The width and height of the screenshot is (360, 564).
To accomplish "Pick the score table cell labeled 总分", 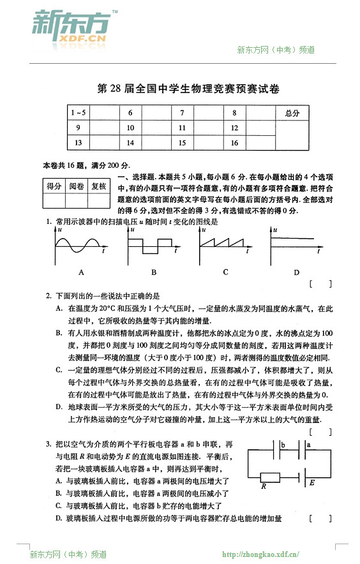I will tap(292, 112).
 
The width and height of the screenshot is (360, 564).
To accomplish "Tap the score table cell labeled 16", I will tap(234, 143).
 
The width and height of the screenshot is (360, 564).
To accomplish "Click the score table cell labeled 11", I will tap(182, 128).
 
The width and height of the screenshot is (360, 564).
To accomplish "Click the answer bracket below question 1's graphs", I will tap(320, 283).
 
